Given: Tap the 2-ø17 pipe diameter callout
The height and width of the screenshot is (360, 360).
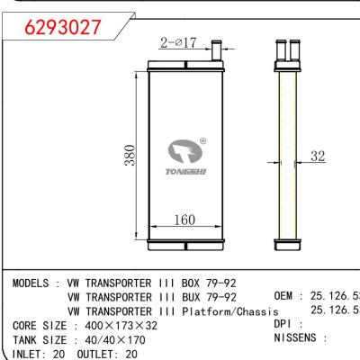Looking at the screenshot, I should [x=178, y=41].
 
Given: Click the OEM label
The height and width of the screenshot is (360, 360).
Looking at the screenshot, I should [x=285, y=296].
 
